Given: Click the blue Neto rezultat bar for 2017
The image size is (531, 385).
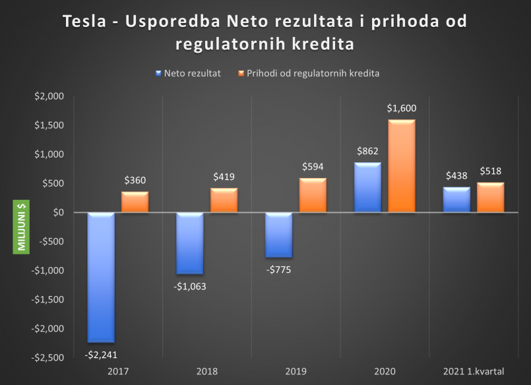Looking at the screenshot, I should click(101, 277).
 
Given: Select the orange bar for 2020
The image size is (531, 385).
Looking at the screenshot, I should click(401, 166).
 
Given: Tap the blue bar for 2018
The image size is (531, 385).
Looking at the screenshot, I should click(190, 243).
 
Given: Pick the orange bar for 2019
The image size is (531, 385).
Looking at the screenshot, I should click(312, 195).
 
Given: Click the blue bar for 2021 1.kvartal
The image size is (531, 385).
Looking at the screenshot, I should click(456, 200).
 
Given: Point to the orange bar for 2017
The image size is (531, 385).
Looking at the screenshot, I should click(135, 202).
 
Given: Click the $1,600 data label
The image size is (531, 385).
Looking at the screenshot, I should click(401, 108).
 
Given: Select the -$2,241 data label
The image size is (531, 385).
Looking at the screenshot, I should click(102, 354).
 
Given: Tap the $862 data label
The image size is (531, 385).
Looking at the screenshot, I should click(367, 151).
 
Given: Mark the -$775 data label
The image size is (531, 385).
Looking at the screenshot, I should click(278, 269).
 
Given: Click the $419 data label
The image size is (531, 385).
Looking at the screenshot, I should click(224, 177).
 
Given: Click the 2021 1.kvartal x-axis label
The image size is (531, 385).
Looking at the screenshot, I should click(473, 371).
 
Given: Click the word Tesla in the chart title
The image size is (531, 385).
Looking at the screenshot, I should click(84, 22).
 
